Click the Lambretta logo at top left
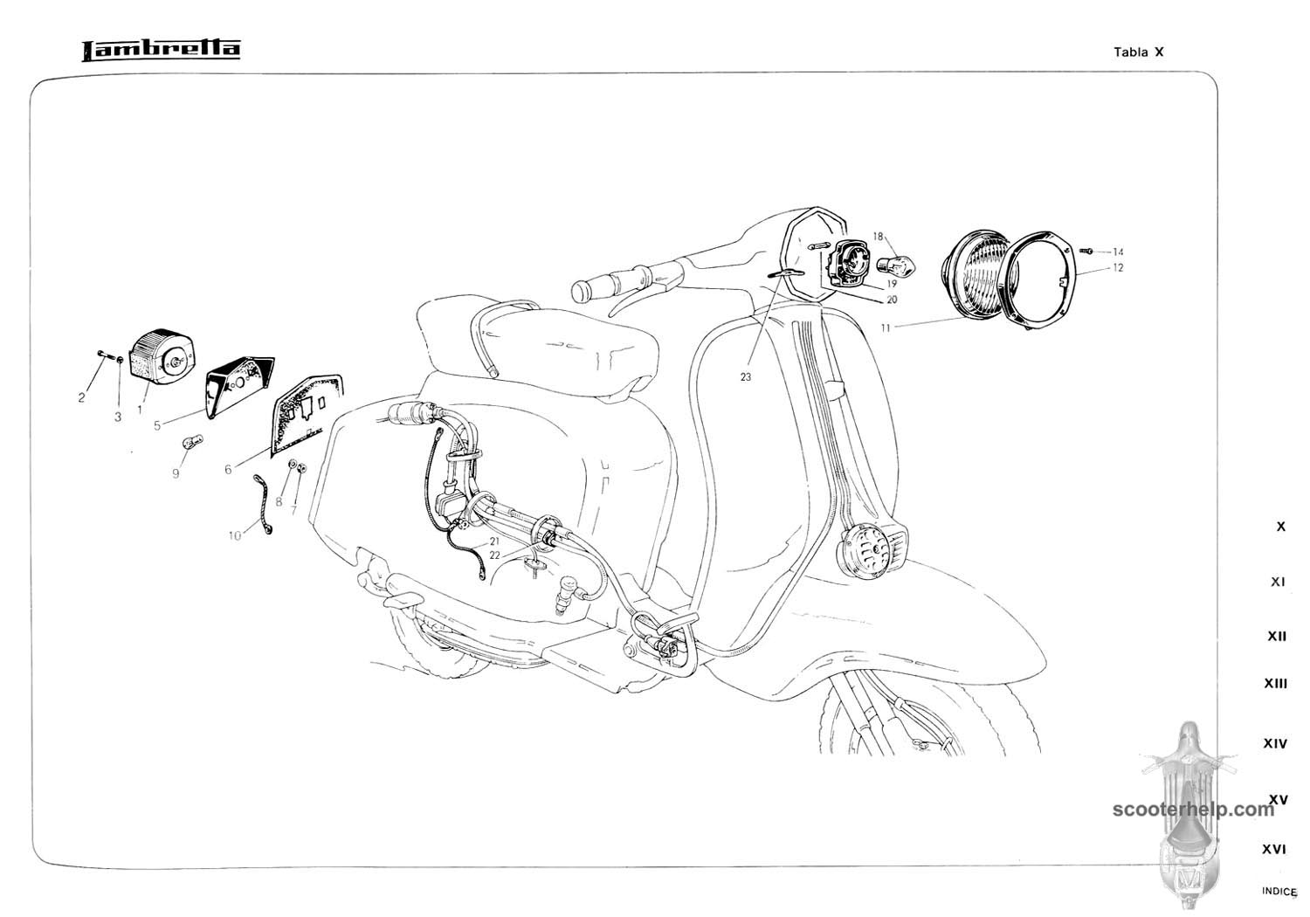161,51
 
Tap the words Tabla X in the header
1139,52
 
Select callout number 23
746,377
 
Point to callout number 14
1118,252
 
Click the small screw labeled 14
1087,251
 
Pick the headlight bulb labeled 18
896,266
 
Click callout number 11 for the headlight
886,328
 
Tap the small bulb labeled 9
192,442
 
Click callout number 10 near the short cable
235,535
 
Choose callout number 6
228,469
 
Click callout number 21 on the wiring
495,541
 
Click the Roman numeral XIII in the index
1275,683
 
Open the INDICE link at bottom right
1279,892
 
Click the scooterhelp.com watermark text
1193,810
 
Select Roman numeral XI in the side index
1278,582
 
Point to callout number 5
156,426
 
